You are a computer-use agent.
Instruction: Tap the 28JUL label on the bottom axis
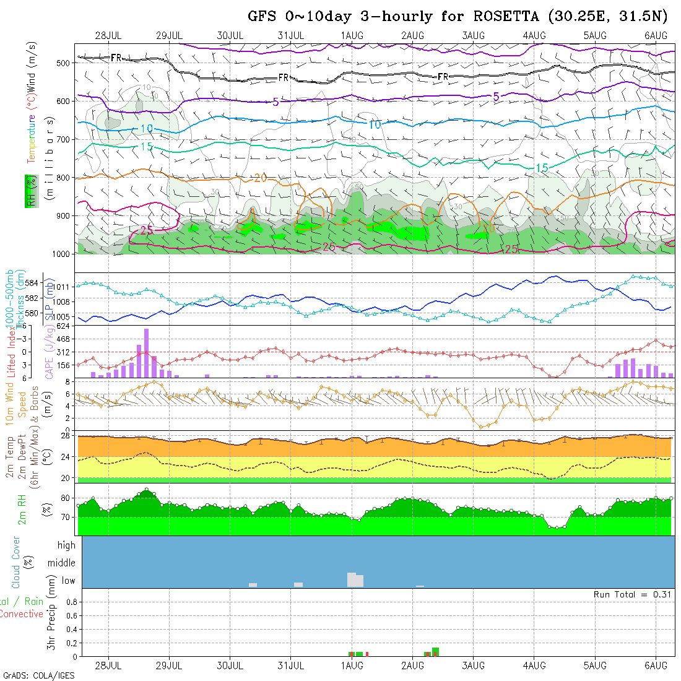point(108,665)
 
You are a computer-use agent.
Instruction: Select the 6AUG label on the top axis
point(656,35)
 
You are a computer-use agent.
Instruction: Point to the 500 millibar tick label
point(63,63)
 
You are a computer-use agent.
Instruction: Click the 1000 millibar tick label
point(61,254)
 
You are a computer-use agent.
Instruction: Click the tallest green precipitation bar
point(436,651)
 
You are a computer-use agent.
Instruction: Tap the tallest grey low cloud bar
point(352,579)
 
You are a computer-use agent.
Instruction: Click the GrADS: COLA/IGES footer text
point(38,675)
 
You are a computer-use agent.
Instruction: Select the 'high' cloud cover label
point(66,545)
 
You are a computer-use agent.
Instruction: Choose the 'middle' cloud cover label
point(62,563)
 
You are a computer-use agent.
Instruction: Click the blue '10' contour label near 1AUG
point(375,125)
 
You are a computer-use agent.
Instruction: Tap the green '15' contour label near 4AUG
point(542,168)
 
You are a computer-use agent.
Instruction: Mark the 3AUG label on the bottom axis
point(473,665)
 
